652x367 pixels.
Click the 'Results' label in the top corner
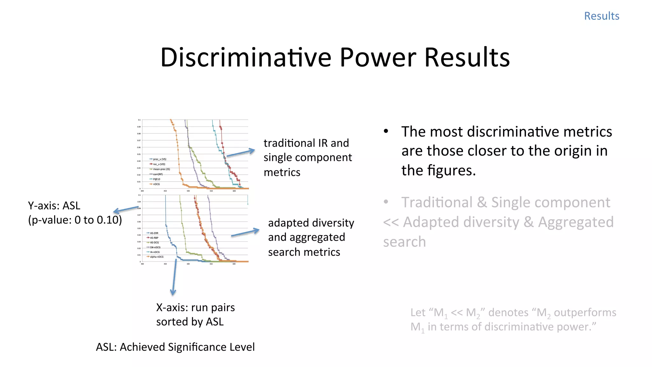[x=601, y=16]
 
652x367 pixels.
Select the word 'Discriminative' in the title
[x=245, y=57]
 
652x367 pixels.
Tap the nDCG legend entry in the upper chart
[x=156, y=184]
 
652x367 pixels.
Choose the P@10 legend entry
[x=156, y=179]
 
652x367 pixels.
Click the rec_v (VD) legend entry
[x=159, y=164]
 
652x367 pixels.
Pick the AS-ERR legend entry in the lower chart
[x=154, y=233]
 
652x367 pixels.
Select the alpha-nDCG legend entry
[x=156, y=257]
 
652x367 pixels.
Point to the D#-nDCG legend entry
[x=155, y=247]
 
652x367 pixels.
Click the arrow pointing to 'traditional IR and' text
[x=241, y=153]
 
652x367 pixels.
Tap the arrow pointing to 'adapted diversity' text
[x=245, y=233]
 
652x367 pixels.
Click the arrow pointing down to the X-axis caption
[x=174, y=277]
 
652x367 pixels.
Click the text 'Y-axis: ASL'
[x=54, y=206]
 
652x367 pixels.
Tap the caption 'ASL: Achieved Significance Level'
[x=175, y=347]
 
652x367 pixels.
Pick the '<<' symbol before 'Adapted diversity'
[x=391, y=222]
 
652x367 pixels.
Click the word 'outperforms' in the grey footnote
[x=585, y=313]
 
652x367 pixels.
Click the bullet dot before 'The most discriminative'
[x=386, y=131]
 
